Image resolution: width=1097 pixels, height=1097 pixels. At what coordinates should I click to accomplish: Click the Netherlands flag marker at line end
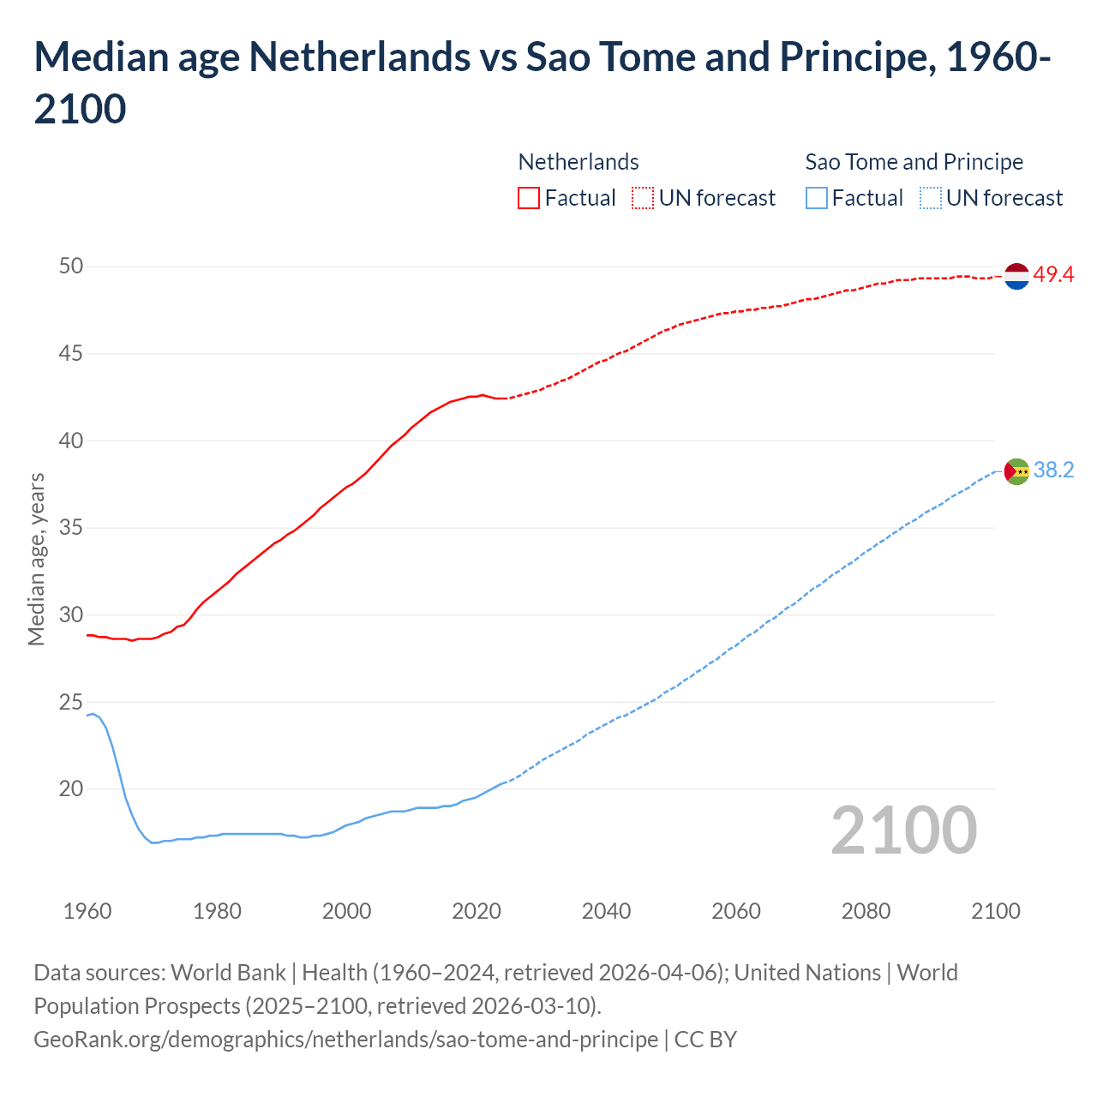1016,276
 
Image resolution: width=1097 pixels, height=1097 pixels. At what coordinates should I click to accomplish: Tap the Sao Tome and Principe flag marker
1016,471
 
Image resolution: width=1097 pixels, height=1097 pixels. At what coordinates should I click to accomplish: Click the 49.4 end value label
1053,275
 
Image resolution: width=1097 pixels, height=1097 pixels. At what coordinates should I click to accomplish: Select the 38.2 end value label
1053,471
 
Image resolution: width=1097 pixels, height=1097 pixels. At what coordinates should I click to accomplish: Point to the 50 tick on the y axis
71,267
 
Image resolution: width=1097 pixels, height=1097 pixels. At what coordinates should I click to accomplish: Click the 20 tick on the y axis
71,789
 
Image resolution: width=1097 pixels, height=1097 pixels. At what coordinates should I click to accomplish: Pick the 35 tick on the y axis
71,528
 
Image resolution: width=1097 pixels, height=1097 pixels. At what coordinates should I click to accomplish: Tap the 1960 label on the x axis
87,911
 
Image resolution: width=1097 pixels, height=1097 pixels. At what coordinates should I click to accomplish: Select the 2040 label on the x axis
606,911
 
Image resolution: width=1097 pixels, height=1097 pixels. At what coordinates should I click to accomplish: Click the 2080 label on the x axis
866,911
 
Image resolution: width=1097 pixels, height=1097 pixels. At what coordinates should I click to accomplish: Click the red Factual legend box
529,199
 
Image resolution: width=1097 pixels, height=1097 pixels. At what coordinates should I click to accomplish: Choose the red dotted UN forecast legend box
643,199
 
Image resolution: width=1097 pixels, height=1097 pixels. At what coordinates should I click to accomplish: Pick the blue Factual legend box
817,199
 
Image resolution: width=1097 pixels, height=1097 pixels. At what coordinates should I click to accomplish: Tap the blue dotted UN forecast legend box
931,199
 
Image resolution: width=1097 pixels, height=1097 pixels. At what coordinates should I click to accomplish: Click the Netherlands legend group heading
578,162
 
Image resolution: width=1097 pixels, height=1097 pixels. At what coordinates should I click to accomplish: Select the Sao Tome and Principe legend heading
914,162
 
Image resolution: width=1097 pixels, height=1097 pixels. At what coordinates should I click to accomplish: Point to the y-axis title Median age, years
36,559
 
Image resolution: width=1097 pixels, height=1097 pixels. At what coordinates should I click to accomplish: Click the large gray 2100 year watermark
903,830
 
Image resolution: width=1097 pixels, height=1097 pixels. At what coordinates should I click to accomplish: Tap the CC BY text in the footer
705,1040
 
